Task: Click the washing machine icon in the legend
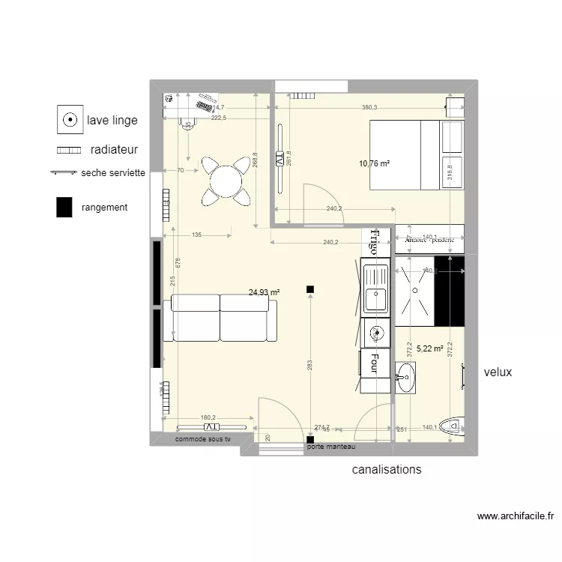point(69,119)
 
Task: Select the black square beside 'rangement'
point(64,208)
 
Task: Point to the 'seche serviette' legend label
point(113,172)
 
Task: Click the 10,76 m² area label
point(375,163)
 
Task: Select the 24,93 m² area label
point(264,292)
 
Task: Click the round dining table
point(226,181)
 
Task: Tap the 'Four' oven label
point(372,364)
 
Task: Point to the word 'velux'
point(498,372)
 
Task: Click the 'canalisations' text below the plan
point(387,470)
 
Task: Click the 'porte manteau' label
point(330,447)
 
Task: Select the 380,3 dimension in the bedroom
point(369,107)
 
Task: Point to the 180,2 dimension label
point(208,418)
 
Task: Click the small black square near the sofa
point(309,289)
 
